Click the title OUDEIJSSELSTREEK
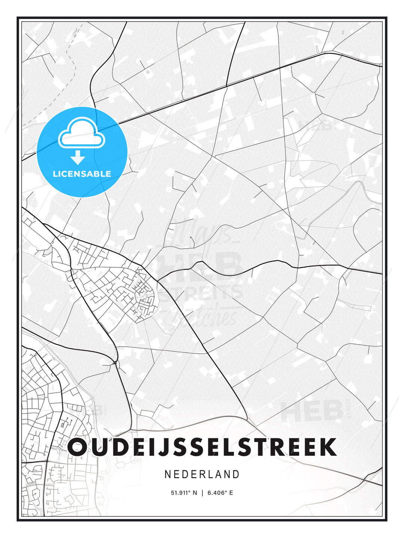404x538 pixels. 202,447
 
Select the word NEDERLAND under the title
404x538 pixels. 202,474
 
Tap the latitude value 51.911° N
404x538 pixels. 184,493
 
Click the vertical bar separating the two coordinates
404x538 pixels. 202,493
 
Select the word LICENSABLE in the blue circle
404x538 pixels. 82,174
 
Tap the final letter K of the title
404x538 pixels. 327,447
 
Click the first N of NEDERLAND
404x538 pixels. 168,474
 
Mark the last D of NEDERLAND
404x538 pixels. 236,474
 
